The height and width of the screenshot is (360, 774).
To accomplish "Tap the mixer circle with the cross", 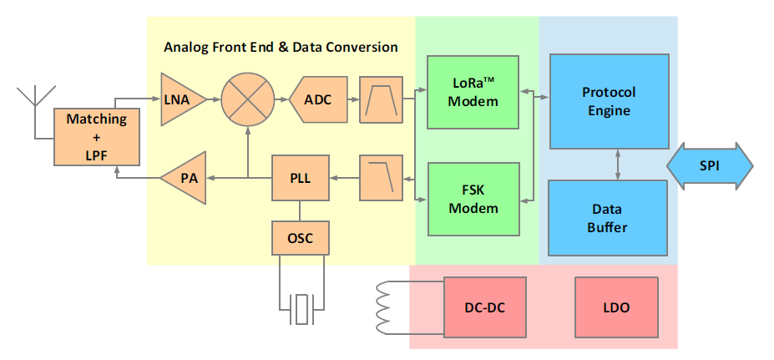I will click(247, 99).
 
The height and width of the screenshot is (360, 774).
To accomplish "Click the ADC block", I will click(317, 99).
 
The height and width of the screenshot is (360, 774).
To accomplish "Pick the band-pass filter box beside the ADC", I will click(381, 99).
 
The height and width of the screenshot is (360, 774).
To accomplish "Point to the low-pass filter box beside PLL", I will click(381, 177).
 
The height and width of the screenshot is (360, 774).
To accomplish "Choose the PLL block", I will click(301, 177).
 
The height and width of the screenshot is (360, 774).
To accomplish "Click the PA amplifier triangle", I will click(185, 177).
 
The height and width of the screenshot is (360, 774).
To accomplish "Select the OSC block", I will click(301, 238).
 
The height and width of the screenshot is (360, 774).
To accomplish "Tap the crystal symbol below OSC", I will click(301, 310).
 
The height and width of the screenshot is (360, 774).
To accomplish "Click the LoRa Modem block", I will click(473, 92).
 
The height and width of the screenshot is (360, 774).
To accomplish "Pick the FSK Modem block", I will click(473, 200).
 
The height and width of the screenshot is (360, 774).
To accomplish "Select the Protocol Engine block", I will click(608, 99).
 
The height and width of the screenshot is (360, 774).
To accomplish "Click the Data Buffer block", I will click(608, 217).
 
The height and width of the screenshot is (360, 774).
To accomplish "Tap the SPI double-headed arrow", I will click(710, 167).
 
